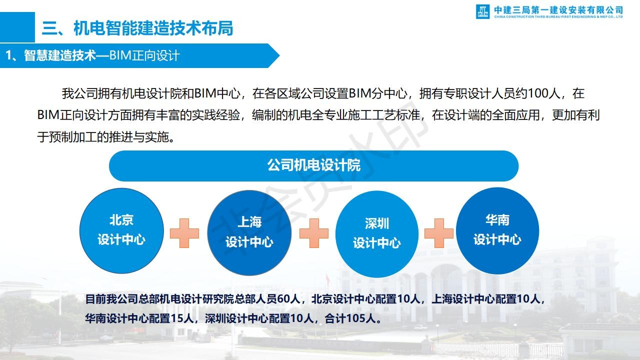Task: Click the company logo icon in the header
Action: click(x=482, y=11)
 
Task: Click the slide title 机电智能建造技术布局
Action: click(x=153, y=28)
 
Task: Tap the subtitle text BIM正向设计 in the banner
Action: click(x=144, y=55)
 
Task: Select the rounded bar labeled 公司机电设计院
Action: click(x=313, y=166)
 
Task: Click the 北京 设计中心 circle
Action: click(x=121, y=230)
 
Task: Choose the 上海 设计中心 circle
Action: click(x=249, y=233)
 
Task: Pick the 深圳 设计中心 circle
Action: click(x=377, y=234)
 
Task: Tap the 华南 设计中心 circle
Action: click(x=497, y=230)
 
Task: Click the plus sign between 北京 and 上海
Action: click(x=184, y=233)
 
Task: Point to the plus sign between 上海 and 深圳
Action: click(x=313, y=233)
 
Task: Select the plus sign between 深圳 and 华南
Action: click(x=439, y=233)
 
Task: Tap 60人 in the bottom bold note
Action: click(x=288, y=299)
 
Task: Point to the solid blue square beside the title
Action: click(x=17, y=27)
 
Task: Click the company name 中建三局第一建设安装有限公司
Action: click(x=558, y=10)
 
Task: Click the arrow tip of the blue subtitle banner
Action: click(x=279, y=55)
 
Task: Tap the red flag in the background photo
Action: click(x=327, y=279)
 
